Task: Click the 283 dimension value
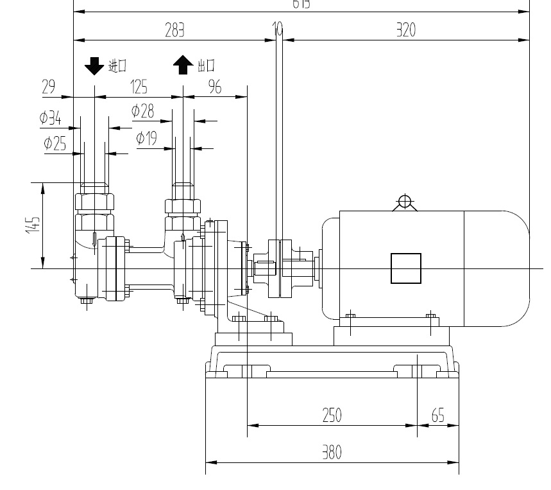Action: pyautogui.click(x=174, y=30)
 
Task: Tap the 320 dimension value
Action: pyautogui.click(x=405, y=30)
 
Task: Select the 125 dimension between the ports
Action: pyautogui.click(x=139, y=87)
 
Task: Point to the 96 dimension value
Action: pyautogui.click(x=216, y=87)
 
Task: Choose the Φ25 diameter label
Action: pyautogui.click(x=55, y=143)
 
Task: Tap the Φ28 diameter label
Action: pyautogui.click(x=142, y=111)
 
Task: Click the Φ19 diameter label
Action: pyautogui.click(x=147, y=138)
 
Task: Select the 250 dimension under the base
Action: pyautogui.click(x=332, y=416)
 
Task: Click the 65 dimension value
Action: pyautogui.click(x=437, y=416)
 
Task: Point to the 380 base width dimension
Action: pyautogui.click(x=332, y=453)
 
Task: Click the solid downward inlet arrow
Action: pyautogui.click(x=94, y=65)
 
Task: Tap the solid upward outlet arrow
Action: pyautogui.click(x=183, y=65)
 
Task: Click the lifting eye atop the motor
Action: pyautogui.click(x=404, y=202)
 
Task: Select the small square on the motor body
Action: pyautogui.click(x=406, y=268)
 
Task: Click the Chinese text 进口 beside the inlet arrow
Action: pyautogui.click(x=117, y=65)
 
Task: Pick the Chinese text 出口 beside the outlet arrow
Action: pyautogui.click(x=206, y=65)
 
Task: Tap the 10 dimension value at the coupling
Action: pyautogui.click(x=278, y=29)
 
